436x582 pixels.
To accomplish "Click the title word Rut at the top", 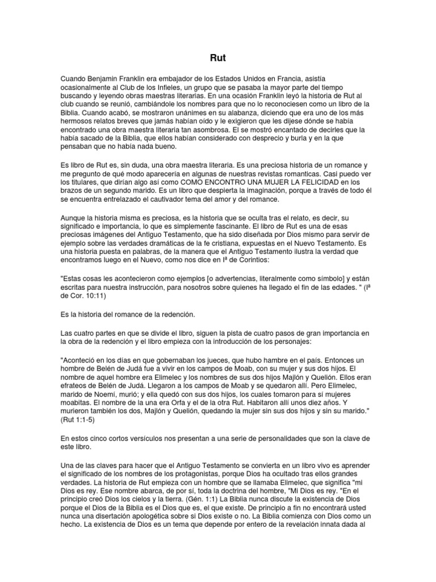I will (x=218, y=57).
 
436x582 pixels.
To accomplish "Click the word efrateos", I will (x=76, y=386).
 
